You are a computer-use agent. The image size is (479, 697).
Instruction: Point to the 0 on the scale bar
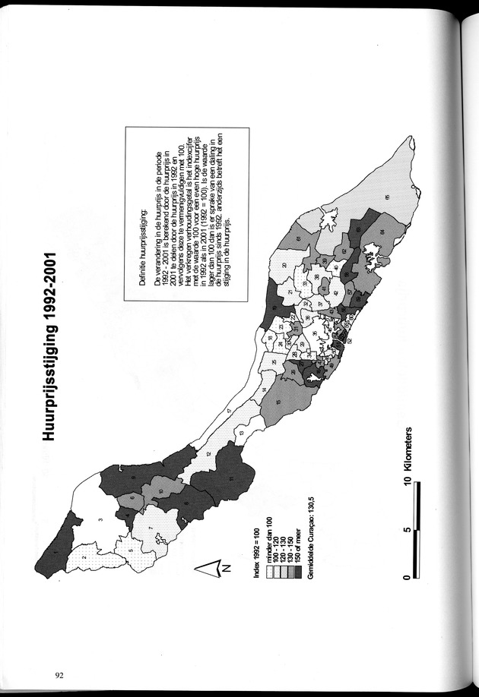click(x=410, y=577)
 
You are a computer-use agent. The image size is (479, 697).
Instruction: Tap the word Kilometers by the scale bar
click(x=410, y=444)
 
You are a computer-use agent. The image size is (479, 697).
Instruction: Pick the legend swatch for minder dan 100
click(x=262, y=570)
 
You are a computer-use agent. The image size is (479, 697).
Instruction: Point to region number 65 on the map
click(x=385, y=199)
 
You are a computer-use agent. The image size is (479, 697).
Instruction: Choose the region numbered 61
click(x=298, y=241)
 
